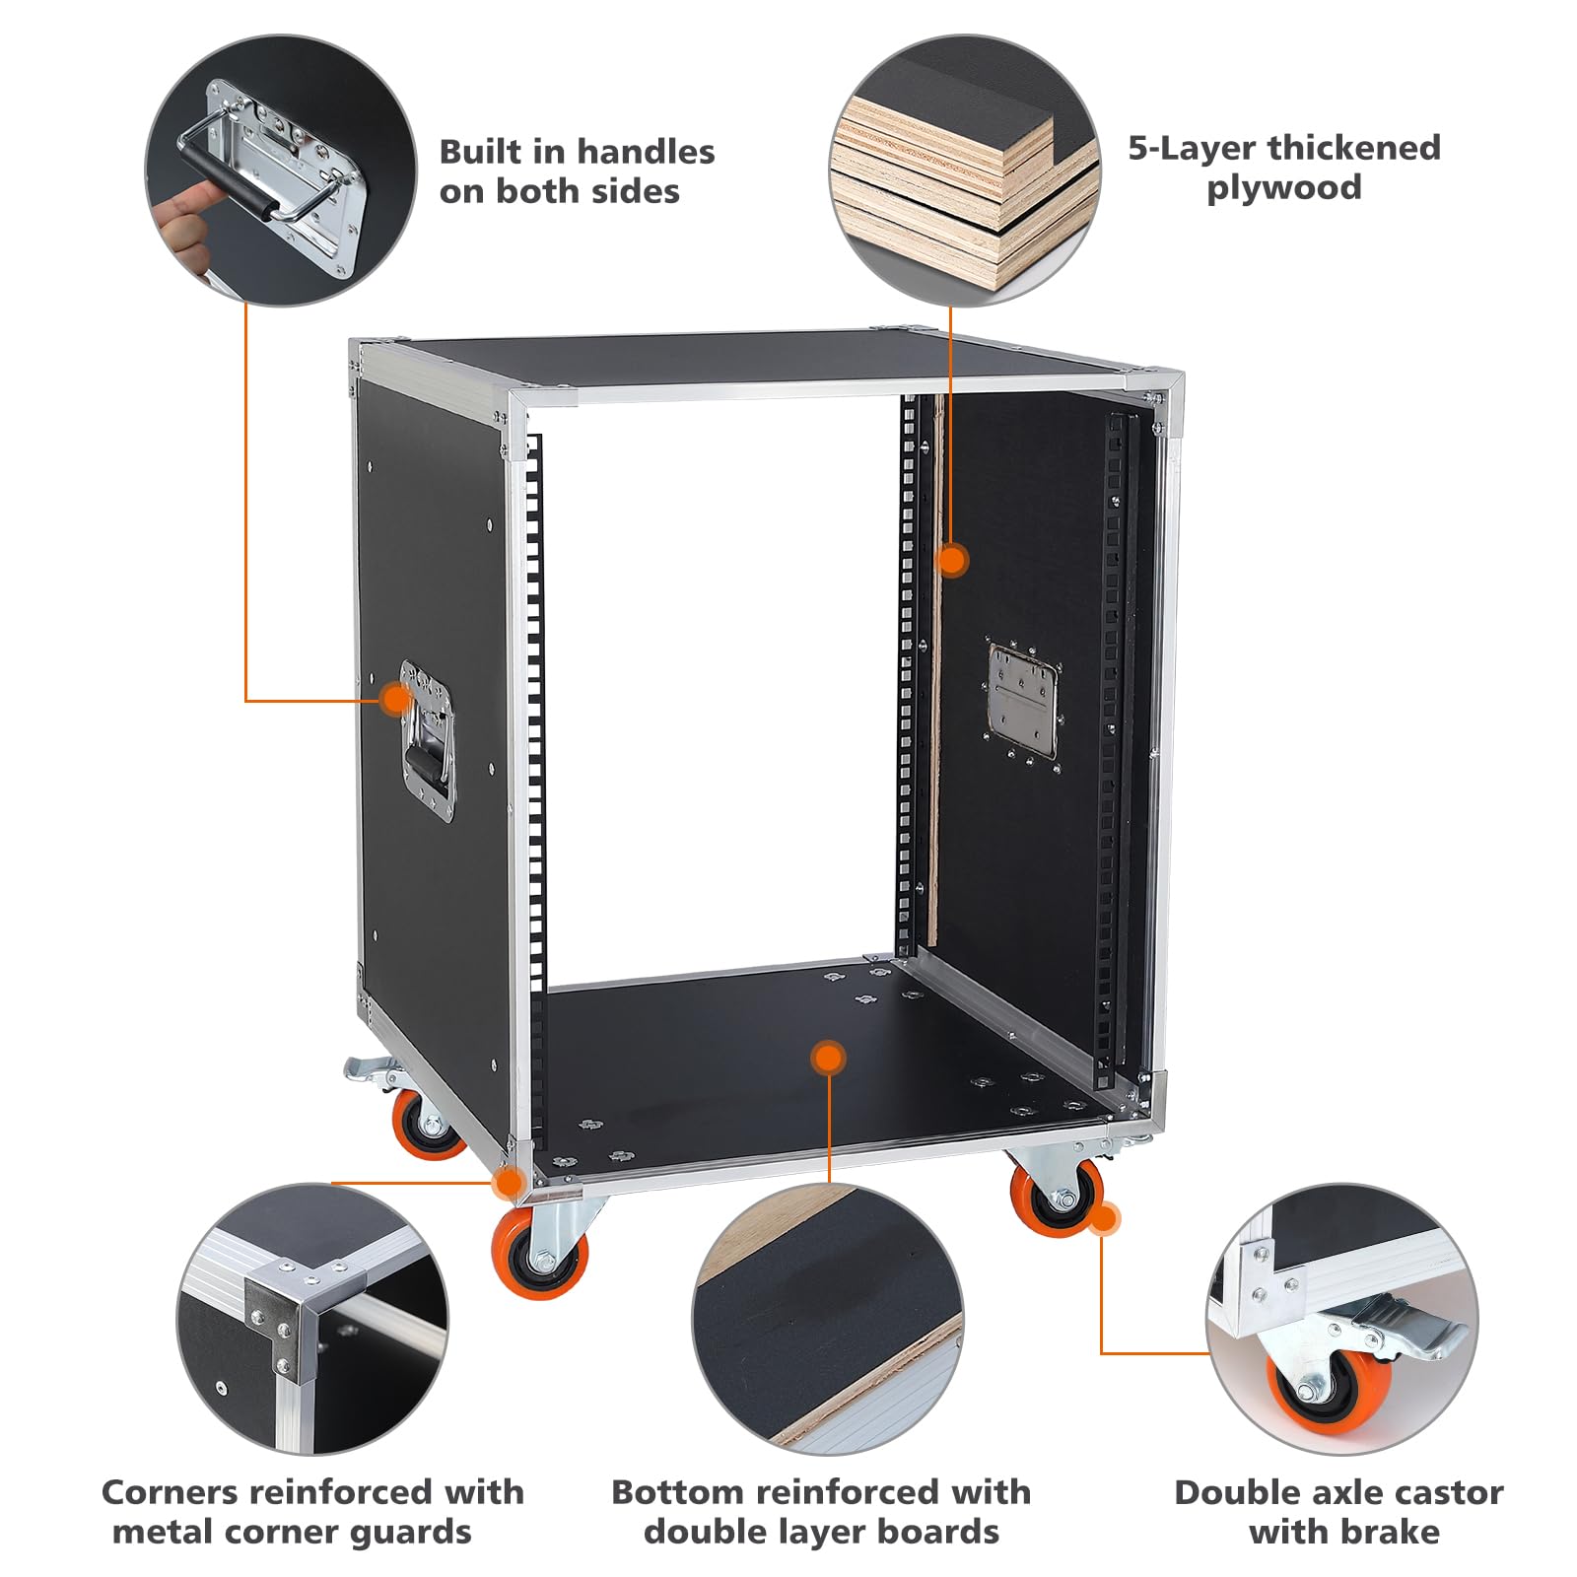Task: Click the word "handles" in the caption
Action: point(646,152)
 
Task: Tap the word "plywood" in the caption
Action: point(1284,188)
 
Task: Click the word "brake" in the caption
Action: point(1393,1532)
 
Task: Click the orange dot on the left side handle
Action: point(396,700)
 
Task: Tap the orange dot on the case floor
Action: point(828,1058)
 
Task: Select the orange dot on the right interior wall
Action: point(951,561)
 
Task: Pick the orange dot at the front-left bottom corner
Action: point(509,1181)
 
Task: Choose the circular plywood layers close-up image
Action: point(965,170)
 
